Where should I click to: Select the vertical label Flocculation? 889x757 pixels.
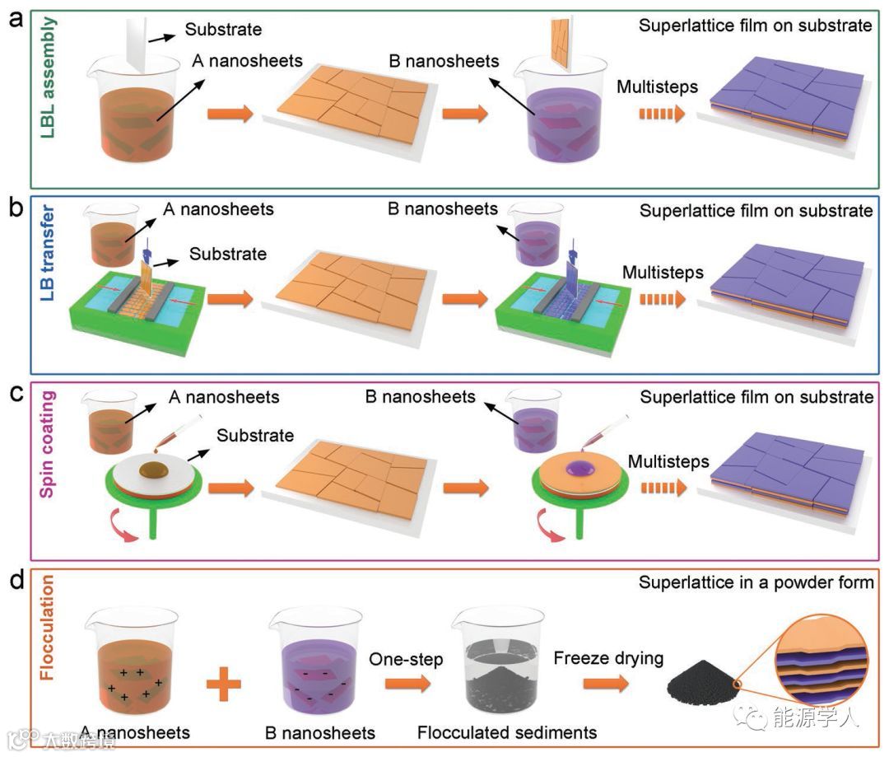[48, 632]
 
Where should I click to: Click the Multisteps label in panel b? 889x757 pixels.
[663, 272]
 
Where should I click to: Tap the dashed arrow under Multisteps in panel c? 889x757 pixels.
[661, 488]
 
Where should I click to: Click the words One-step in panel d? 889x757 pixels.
[407, 659]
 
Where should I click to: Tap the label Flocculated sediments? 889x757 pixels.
[507, 732]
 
